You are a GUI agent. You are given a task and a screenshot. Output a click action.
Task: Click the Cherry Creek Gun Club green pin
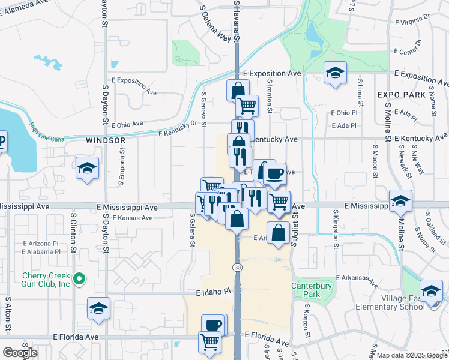79,279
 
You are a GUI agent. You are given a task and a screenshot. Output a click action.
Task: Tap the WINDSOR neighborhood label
106,140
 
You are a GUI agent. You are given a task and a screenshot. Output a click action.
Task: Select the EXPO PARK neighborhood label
402,95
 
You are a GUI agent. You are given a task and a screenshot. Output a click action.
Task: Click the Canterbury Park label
312,290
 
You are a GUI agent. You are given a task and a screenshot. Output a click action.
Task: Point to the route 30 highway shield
238,266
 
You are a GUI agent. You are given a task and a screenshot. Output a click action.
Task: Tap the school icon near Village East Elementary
430,291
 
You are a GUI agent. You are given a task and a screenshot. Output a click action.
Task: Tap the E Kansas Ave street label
132,218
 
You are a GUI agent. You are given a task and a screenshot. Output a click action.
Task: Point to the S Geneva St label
204,109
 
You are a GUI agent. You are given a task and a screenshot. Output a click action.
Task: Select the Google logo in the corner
20,353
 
